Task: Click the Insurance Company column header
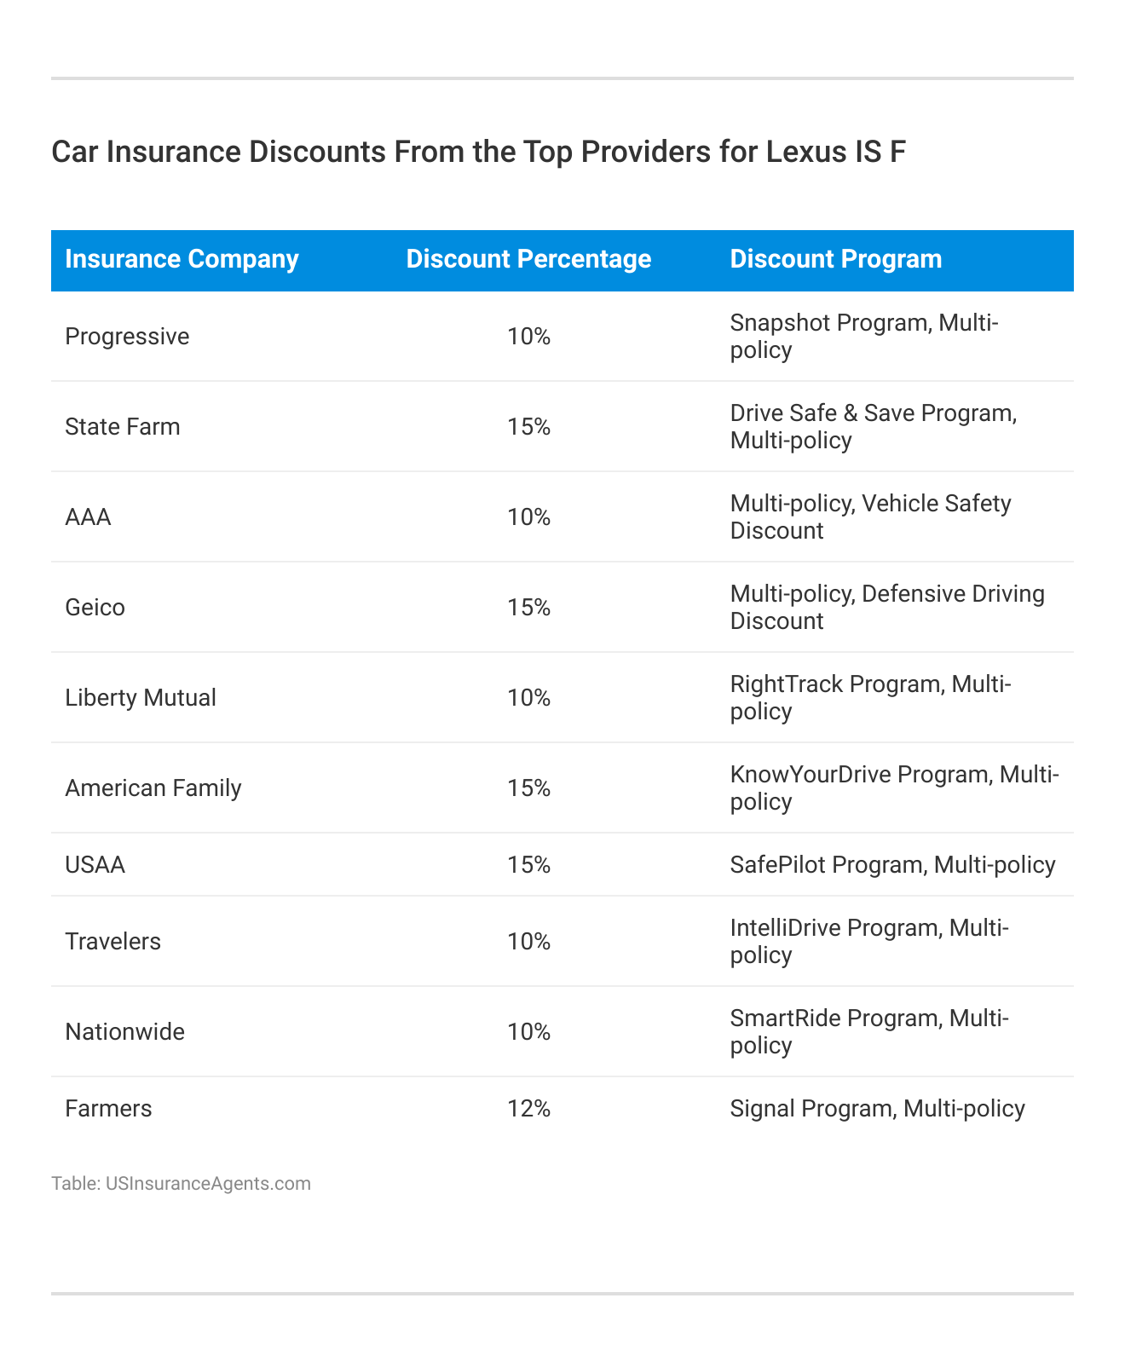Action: click(x=182, y=259)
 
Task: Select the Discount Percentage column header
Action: click(x=528, y=259)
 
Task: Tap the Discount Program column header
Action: click(x=836, y=259)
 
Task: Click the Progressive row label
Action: click(x=127, y=337)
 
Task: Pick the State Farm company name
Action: click(x=123, y=427)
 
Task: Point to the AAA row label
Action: click(x=88, y=517)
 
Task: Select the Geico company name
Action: click(x=95, y=608)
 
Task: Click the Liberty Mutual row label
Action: click(x=141, y=698)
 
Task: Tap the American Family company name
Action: click(x=153, y=788)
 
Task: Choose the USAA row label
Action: click(x=95, y=865)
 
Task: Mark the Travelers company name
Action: click(x=112, y=942)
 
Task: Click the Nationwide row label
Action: click(x=124, y=1032)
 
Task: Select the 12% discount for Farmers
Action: click(x=528, y=1109)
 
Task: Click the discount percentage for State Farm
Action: click(x=528, y=427)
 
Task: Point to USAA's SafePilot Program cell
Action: click(x=892, y=865)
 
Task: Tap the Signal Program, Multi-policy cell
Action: click(x=877, y=1109)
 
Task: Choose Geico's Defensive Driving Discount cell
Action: click(x=887, y=608)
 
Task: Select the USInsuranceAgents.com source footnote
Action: click(x=181, y=1184)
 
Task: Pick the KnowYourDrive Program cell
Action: click(x=894, y=788)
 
